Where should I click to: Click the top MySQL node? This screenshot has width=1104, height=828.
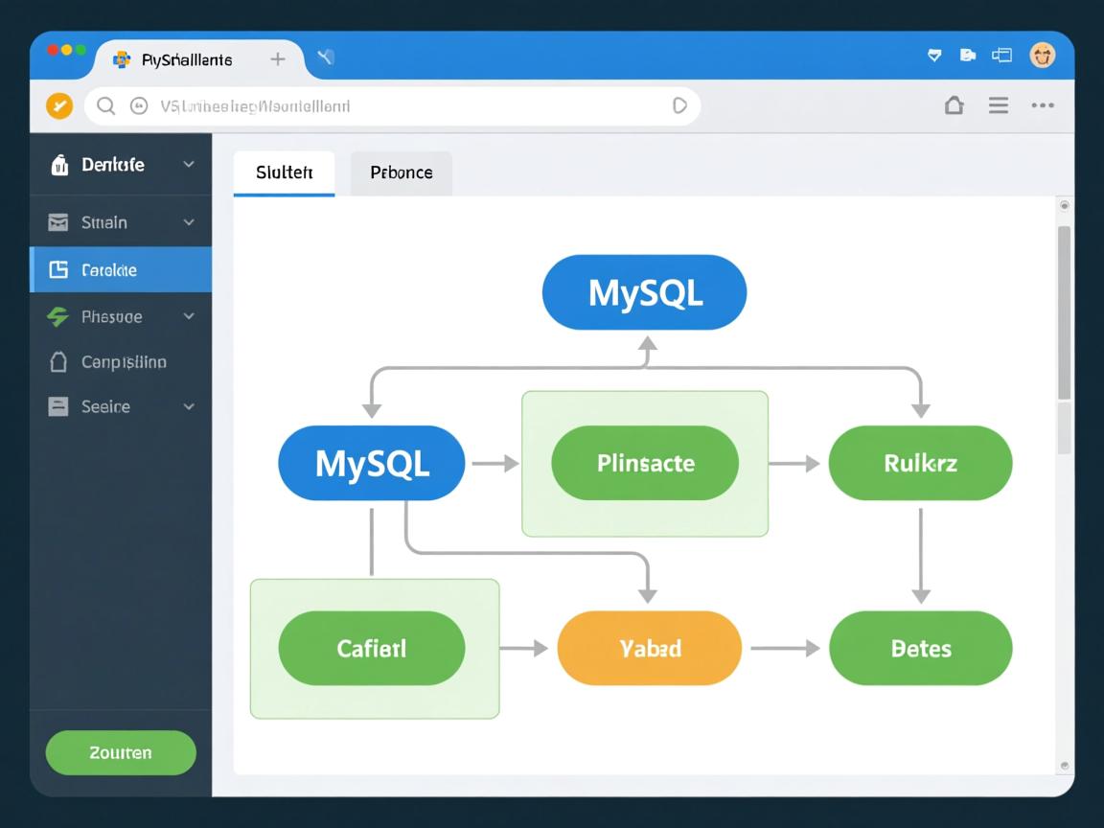pos(644,292)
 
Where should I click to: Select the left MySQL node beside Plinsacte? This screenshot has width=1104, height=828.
pos(372,463)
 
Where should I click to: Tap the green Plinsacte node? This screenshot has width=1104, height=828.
pos(645,463)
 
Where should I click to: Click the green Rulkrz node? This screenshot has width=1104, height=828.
pos(920,463)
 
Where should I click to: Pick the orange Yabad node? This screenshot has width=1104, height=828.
pos(649,648)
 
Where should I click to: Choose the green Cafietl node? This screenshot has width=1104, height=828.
pos(372,648)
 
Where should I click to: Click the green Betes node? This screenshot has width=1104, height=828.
pos(920,648)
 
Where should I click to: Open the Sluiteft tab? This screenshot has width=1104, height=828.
pos(284,172)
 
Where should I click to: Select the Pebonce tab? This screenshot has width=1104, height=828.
pos(401,172)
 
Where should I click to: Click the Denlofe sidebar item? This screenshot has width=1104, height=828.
pos(113,165)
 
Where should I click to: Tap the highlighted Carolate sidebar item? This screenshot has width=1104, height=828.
pos(108,270)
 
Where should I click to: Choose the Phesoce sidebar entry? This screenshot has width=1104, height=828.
pos(111,316)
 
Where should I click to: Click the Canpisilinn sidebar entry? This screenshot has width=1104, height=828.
pos(123,362)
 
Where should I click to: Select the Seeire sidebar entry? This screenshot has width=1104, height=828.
pos(105,406)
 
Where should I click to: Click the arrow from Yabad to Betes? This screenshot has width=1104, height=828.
pos(784,648)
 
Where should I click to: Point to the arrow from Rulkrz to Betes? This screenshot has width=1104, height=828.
pos(920,556)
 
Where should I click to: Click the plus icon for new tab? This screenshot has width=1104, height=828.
pos(278,58)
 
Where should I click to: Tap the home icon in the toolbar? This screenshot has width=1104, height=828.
pos(954,105)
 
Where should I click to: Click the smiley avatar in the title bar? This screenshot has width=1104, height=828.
pos(1042,55)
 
